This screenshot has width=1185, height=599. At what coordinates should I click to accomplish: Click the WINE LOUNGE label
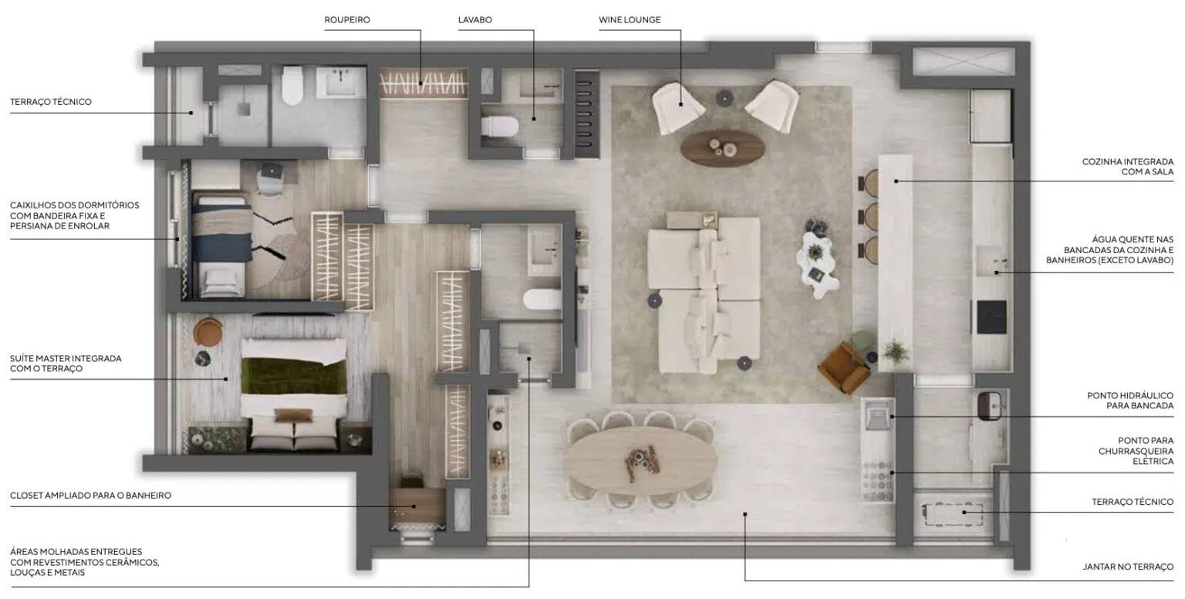(630, 20)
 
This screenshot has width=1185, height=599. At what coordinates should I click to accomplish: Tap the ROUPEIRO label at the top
(347, 20)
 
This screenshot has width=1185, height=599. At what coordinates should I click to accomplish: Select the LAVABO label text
(475, 20)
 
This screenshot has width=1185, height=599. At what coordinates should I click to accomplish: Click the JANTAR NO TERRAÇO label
(1128, 567)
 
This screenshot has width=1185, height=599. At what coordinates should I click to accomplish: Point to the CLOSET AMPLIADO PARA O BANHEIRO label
(90, 496)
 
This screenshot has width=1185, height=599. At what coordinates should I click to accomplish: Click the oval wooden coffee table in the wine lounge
(722, 147)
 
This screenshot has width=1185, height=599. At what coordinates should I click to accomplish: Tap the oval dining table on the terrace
(640, 460)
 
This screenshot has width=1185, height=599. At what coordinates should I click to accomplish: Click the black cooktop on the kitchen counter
(991, 317)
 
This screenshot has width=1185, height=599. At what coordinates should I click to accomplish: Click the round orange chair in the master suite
(208, 332)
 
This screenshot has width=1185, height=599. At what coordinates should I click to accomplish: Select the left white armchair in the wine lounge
(677, 108)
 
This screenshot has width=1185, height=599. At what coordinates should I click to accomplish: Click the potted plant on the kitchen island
(896, 351)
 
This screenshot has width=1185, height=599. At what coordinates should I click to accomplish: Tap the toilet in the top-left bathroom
(292, 85)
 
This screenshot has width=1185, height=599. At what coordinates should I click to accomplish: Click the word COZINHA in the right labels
(1102, 161)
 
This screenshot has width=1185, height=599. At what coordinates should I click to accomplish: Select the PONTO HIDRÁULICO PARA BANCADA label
(1130, 401)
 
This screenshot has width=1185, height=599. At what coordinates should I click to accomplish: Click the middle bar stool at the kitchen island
(870, 216)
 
